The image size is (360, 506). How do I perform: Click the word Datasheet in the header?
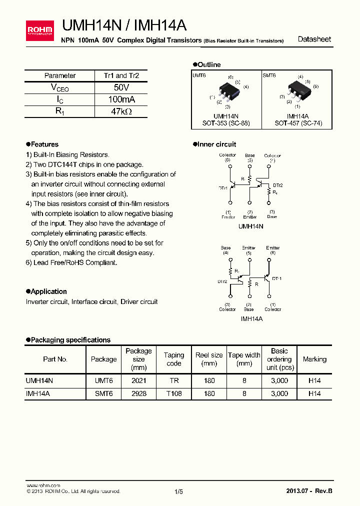point(314,39)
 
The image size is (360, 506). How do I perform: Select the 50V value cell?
point(121,87)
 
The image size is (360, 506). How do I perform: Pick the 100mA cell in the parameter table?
point(121,99)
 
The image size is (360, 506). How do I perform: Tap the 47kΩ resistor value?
point(121,111)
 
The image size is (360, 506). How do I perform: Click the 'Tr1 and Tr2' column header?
point(121,75)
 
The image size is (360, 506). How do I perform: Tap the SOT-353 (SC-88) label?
point(226,123)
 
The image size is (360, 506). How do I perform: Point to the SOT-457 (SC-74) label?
point(297,123)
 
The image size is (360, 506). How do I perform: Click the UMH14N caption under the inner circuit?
point(250,226)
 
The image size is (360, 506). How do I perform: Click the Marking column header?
point(314,359)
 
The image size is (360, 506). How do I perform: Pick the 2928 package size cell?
point(138,393)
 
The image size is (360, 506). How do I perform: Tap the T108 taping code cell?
point(174,393)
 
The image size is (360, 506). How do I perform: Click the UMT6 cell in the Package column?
point(104,380)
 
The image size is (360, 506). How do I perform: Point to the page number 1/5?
point(179,491)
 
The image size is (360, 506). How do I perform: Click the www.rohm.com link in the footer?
point(43,485)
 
